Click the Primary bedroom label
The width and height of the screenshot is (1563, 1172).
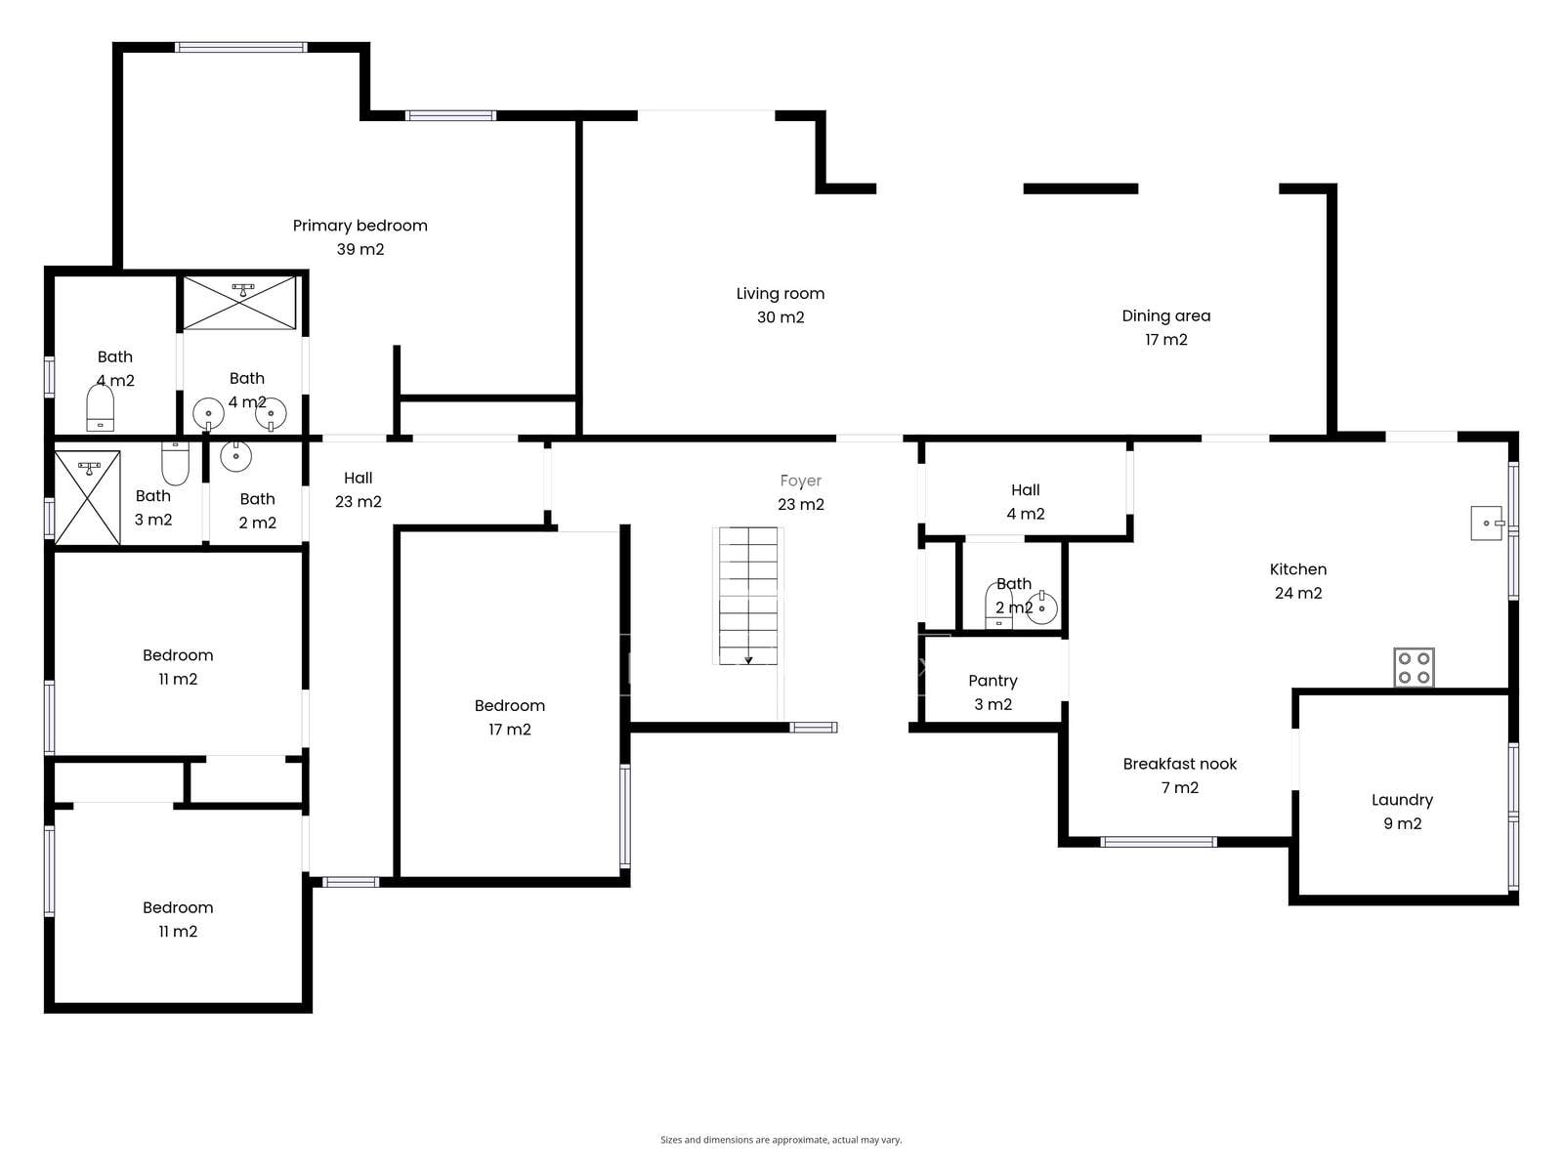click(359, 237)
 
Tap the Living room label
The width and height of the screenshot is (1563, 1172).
click(781, 306)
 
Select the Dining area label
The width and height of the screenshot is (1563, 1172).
click(1165, 327)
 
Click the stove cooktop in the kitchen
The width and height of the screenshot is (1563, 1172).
click(1414, 667)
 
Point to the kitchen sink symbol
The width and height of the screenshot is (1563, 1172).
click(1488, 523)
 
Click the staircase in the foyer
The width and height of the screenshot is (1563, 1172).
click(747, 597)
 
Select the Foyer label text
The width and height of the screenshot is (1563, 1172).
click(800, 481)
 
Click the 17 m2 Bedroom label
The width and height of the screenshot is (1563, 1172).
click(510, 717)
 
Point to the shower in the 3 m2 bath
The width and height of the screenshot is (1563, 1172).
click(88, 497)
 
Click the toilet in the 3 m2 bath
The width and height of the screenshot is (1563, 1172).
click(175, 463)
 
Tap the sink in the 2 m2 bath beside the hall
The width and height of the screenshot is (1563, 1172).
click(235, 455)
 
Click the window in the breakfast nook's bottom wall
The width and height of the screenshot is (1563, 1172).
click(1159, 842)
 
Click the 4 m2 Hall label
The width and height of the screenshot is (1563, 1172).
click(1026, 502)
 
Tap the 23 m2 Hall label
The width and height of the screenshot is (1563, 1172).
click(359, 489)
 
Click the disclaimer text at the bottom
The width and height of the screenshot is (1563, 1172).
click(781, 1139)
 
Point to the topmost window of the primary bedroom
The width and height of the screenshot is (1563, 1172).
click(241, 48)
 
